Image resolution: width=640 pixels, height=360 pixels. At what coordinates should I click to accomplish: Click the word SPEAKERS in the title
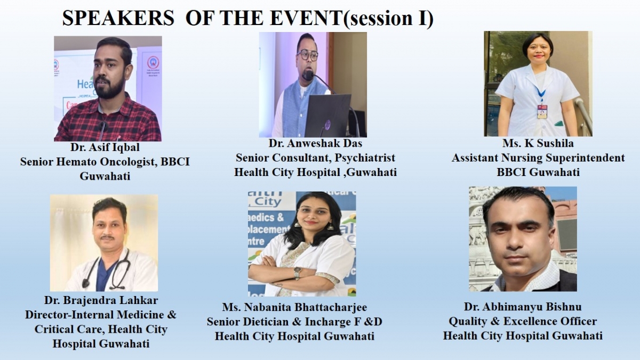click(x=118, y=18)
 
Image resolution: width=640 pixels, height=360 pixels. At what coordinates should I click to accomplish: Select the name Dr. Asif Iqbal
click(x=105, y=147)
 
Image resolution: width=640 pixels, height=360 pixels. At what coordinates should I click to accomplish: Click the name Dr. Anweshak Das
click(x=315, y=143)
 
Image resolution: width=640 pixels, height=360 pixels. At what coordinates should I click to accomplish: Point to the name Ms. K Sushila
click(x=538, y=143)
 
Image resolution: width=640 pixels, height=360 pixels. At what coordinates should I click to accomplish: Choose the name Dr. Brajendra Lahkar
click(x=101, y=300)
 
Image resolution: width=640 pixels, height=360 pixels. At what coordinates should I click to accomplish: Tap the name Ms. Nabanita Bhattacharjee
click(x=294, y=307)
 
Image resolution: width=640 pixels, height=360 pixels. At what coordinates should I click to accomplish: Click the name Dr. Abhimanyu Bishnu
click(x=523, y=307)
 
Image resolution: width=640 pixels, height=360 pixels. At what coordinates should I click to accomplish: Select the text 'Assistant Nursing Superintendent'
click(x=538, y=158)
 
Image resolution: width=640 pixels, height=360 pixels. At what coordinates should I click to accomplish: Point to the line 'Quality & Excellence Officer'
click(x=523, y=321)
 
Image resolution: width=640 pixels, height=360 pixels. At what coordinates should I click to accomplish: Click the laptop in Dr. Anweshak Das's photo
click(x=327, y=115)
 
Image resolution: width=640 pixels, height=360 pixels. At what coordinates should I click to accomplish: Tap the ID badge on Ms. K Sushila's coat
click(x=542, y=111)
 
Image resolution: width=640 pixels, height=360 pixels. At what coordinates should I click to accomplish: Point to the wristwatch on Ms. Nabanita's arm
click(x=297, y=273)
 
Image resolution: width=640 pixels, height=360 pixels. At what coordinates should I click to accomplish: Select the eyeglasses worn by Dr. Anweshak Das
click(x=307, y=55)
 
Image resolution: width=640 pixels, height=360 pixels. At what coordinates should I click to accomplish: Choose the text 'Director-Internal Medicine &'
click(x=101, y=315)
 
